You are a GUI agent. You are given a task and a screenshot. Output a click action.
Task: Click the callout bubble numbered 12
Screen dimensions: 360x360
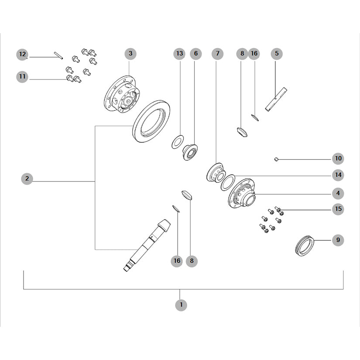pos(22,55)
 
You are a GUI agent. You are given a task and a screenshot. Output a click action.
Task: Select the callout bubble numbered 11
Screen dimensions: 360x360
pos(22,76)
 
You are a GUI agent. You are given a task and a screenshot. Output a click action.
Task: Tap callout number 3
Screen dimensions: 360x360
pos(130,54)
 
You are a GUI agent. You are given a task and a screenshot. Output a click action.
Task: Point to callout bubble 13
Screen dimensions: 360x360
pos(179,54)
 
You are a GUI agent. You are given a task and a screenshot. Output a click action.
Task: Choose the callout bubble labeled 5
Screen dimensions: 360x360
pos(277,54)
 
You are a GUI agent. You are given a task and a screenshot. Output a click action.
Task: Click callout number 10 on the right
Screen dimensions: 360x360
pos(338,158)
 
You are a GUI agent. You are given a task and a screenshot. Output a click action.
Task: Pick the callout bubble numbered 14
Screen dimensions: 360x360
pos(338,175)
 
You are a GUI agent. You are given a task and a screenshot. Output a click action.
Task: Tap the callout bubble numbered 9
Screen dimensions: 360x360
pos(338,240)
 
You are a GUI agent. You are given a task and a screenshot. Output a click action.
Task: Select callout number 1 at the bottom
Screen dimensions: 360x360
pos(181,305)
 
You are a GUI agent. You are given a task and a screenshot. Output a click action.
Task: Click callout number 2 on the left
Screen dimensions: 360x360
pos(27,178)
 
